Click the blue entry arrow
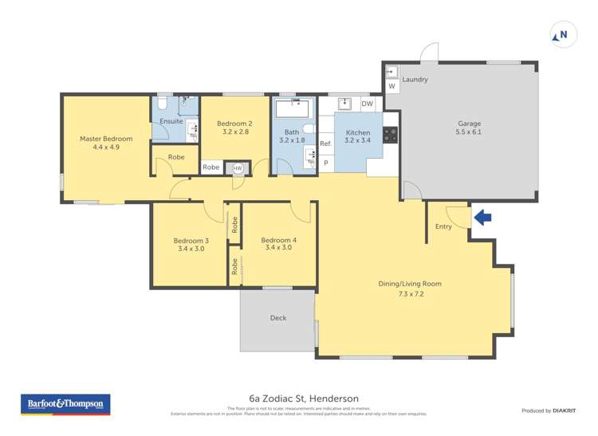click(x=483, y=217)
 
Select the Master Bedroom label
click(x=106, y=143)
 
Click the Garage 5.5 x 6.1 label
click(x=469, y=128)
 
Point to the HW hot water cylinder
click(x=237, y=168)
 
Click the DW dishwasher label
click(x=367, y=104)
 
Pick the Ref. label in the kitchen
click(x=325, y=143)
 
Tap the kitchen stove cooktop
click(x=390, y=135)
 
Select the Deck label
click(x=277, y=318)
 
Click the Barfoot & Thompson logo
click(x=65, y=405)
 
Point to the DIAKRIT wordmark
click(x=559, y=410)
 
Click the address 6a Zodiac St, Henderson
click(x=304, y=398)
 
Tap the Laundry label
click(x=415, y=80)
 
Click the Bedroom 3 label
click(x=191, y=245)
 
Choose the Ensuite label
click(x=171, y=121)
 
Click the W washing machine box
click(x=391, y=86)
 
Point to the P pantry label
click(x=325, y=163)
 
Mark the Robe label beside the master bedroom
click(x=176, y=157)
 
